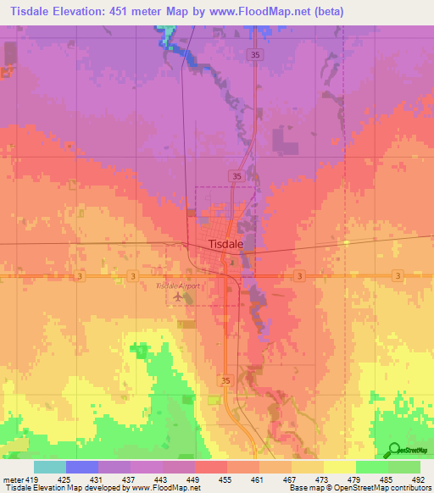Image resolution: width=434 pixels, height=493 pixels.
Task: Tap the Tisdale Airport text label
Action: [178, 285]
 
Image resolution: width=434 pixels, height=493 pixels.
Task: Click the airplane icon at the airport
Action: [177, 296]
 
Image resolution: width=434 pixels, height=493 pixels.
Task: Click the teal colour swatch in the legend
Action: [50, 468]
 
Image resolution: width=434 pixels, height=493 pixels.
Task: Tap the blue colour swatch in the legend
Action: [82, 468]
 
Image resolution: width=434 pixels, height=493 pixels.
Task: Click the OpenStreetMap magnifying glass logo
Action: [392, 449]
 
